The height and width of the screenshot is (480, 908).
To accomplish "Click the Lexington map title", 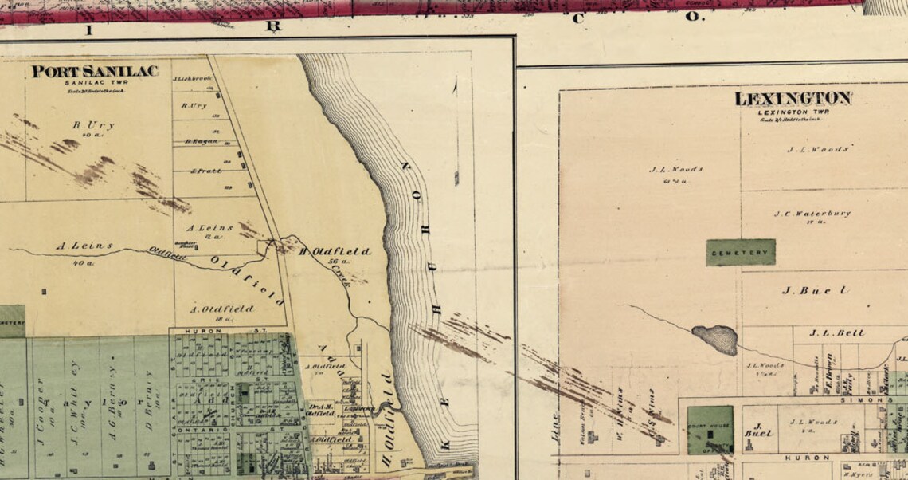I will pyautogui.click(x=793, y=99).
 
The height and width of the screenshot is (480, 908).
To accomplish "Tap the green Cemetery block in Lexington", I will pyautogui.click(x=741, y=252).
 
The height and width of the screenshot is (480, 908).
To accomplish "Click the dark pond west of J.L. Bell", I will pyautogui.click(x=714, y=338).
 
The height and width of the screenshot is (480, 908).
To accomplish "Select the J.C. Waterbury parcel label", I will pyautogui.click(x=812, y=214).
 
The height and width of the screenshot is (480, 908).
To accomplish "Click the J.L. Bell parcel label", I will pyautogui.click(x=836, y=332).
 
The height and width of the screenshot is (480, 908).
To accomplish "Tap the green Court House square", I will pyautogui.click(x=709, y=430).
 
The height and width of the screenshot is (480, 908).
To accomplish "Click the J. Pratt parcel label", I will pyautogui.click(x=205, y=171).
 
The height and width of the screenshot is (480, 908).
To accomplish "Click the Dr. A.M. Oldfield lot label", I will pyautogui.click(x=320, y=410).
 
